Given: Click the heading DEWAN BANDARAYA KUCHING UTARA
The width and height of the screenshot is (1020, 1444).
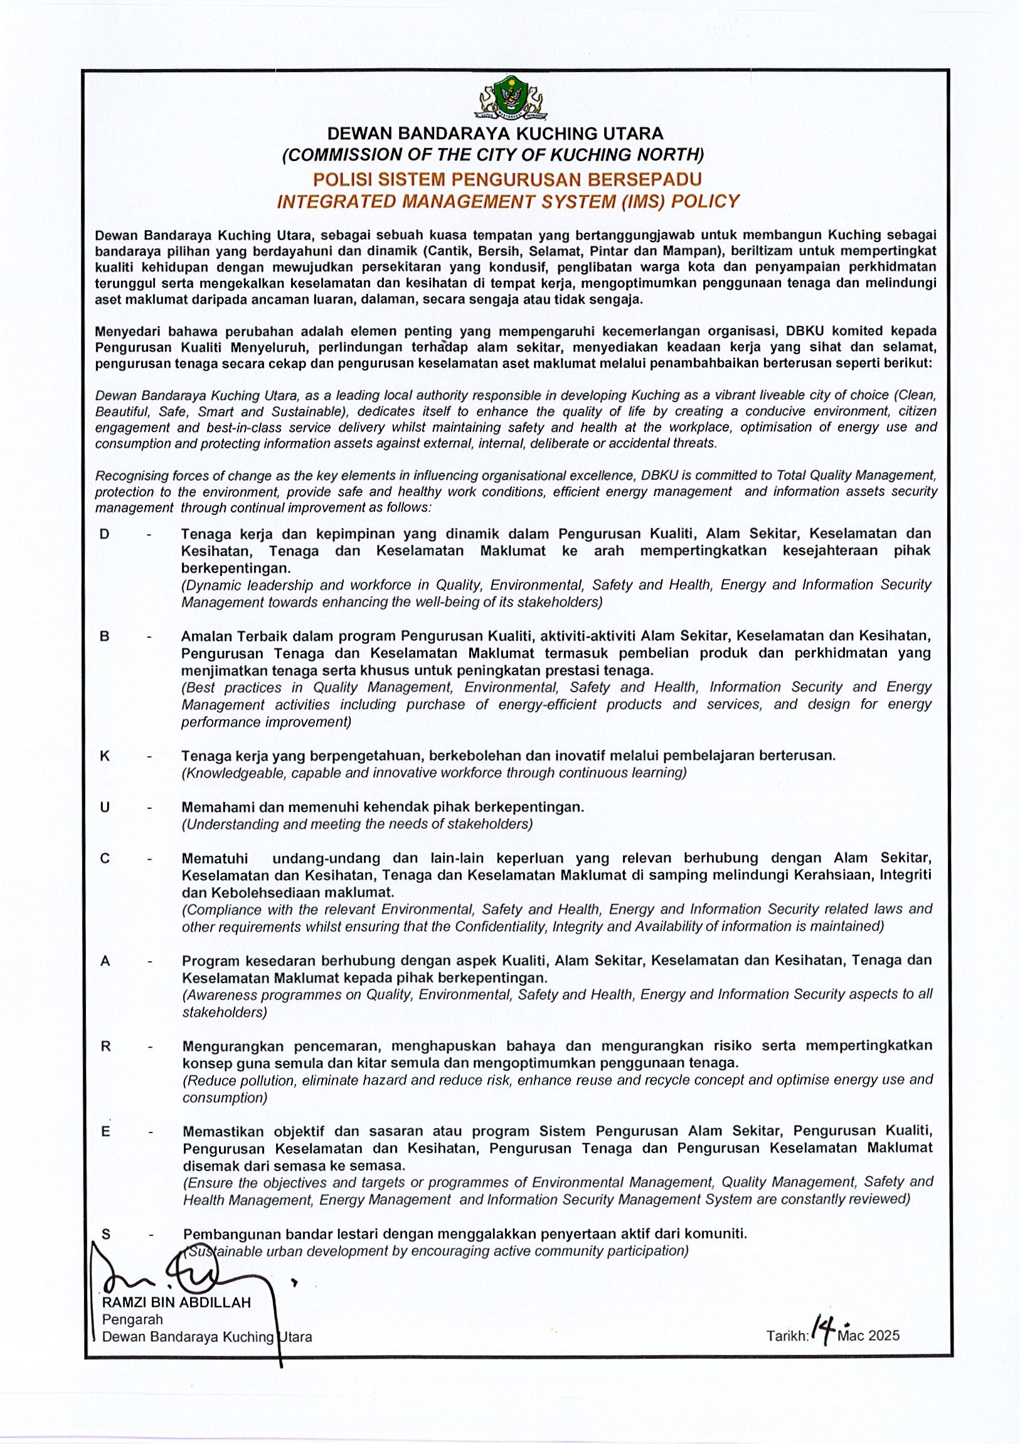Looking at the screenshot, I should tap(495, 134).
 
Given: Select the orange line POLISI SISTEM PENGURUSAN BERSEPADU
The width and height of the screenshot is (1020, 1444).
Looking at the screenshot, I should tap(507, 180).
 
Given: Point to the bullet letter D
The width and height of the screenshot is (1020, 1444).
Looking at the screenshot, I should tap(105, 535).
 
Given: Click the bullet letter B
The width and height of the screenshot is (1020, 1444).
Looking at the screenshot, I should tap(105, 636).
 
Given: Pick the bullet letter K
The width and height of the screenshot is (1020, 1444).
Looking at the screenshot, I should tap(105, 756).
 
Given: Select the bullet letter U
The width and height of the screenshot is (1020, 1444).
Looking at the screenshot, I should tap(105, 808).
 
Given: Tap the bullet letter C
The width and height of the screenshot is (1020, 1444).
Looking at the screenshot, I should tap(105, 859).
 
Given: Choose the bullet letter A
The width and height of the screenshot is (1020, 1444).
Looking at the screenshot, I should tap(105, 962).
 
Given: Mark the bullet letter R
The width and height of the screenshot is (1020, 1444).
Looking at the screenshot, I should tap(106, 1046).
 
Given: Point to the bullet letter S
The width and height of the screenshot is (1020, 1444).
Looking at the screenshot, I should tap(106, 1235).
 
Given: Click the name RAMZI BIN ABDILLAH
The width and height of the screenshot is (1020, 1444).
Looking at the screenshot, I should tap(176, 1302).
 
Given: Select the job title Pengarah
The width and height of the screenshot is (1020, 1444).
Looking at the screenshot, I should tap(132, 1319).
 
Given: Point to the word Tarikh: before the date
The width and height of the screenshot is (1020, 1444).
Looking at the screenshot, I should tap(787, 1336).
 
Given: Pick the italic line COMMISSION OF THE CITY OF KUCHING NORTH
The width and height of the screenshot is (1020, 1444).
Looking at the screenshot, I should tap(493, 155).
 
